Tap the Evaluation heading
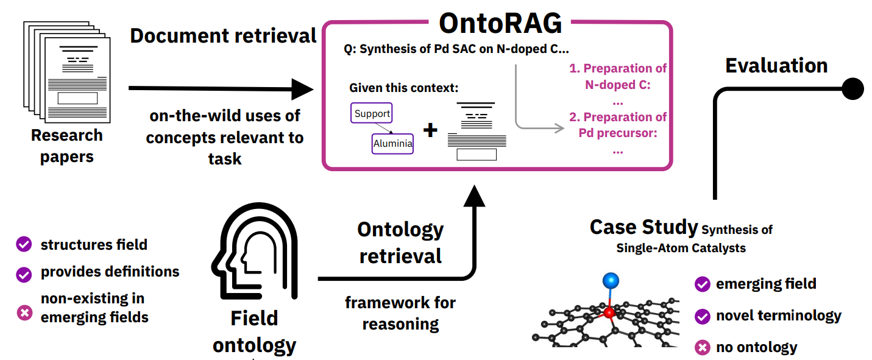point(776,65)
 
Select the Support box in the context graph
point(371,113)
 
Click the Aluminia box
point(392,144)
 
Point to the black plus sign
point(430,130)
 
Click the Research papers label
point(67,146)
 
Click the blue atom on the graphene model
point(611,281)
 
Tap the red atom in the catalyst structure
point(608,312)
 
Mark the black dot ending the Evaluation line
point(852,89)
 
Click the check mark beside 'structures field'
point(24,245)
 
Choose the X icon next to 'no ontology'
point(702,348)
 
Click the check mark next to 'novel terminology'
point(702,316)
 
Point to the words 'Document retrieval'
point(223,35)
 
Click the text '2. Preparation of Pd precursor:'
point(618,124)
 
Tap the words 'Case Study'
point(643,227)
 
